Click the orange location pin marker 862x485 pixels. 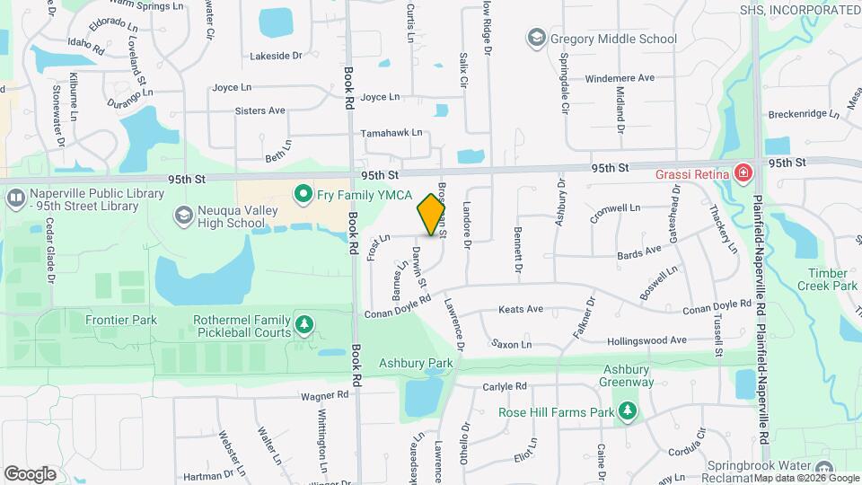pyautogui.click(x=432, y=215)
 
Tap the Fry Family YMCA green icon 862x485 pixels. pyautogui.click(x=303, y=193)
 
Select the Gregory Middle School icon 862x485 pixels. pyautogui.click(x=536, y=38)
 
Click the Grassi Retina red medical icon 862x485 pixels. pyautogui.click(x=743, y=172)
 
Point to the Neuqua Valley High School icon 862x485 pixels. pyautogui.click(x=184, y=215)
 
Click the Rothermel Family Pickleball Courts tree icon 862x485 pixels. pyautogui.click(x=304, y=323)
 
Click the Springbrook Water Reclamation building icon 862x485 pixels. pyautogui.click(x=823, y=469)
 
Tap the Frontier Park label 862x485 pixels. pyautogui.click(x=121, y=320)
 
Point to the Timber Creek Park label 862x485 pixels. pyautogui.click(x=827, y=279)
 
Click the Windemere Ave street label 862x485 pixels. pyautogui.click(x=620, y=78)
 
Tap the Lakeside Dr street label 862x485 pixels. pyautogui.click(x=276, y=56)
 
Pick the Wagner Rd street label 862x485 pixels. pyautogui.click(x=324, y=395)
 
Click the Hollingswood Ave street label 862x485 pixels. pyautogui.click(x=646, y=340)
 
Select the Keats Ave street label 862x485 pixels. pyautogui.click(x=522, y=309)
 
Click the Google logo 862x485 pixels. pyautogui.click(x=31, y=473)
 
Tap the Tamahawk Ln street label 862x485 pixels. pyautogui.click(x=391, y=133)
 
